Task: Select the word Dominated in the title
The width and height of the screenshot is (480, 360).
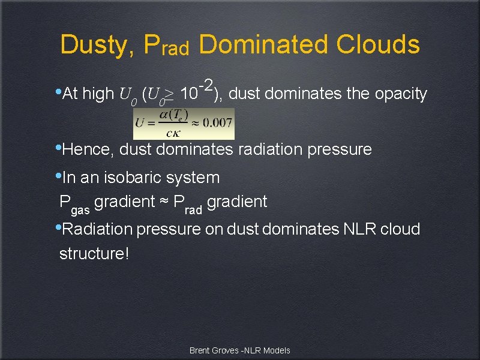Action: click(x=263, y=44)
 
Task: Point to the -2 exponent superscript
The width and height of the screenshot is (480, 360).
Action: click(x=208, y=85)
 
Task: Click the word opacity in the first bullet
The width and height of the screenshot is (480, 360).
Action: click(x=400, y=94)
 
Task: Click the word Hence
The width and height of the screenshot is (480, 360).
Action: click(x=88, y=149)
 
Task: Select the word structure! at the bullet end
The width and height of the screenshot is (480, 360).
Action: click(x=94, y=253)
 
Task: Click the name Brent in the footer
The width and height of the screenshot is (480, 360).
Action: click(x=200, y=350)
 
